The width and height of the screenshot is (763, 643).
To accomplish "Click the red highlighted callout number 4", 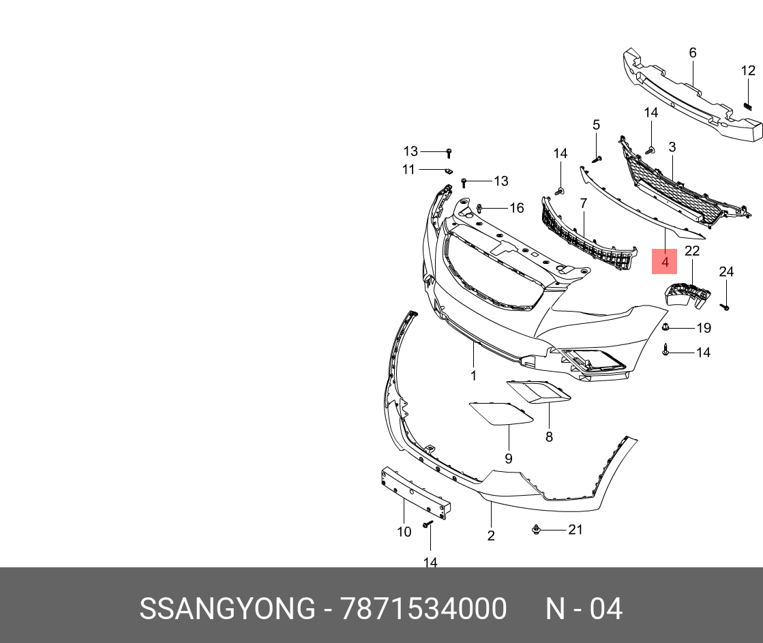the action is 665,261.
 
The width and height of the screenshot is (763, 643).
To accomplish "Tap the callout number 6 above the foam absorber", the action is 692,53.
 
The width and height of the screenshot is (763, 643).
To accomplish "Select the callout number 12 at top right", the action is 748,70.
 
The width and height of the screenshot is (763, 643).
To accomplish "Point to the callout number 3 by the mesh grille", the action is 672,147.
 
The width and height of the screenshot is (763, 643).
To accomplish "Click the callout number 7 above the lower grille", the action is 584,203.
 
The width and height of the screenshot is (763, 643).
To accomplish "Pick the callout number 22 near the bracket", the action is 691,251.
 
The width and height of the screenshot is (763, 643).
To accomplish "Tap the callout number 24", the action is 726,272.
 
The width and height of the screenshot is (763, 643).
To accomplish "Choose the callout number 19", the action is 703,328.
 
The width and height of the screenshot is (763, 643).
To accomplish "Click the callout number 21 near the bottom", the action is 575,529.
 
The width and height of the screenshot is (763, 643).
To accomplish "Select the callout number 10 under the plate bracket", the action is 404,532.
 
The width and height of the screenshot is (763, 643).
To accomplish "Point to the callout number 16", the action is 517,207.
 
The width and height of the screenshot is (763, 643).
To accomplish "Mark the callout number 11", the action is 408,169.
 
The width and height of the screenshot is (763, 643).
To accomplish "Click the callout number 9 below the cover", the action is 508,458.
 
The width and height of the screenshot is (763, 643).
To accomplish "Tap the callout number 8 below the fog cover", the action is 549,437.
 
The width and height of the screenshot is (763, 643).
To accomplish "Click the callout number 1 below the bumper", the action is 473,375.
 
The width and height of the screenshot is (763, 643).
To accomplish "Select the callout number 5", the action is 595,125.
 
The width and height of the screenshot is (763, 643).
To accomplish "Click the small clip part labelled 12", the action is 747,106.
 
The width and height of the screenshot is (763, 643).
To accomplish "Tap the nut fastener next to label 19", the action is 666,328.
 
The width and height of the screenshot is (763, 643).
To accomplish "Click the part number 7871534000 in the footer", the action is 423,608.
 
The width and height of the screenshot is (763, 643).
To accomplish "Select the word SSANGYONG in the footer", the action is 227,608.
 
